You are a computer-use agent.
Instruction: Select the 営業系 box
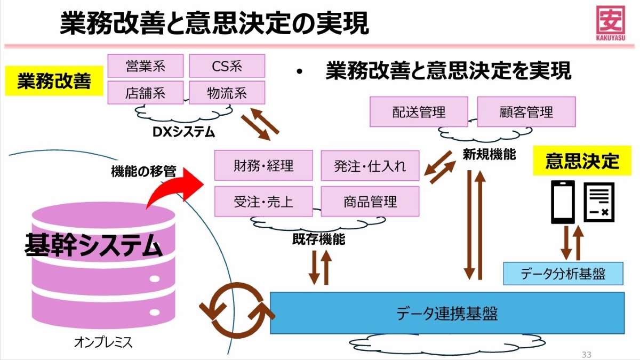(x=146, y=66)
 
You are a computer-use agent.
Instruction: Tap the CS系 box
(x=227, y=66)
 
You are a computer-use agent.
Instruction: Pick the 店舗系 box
(x=146, y=93)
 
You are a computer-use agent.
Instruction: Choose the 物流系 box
(x=227, y=93)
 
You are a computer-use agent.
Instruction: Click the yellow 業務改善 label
(x=54, y=82)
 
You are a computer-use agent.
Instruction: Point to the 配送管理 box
(x=419, y=112)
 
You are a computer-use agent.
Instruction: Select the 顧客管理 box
(x=526, y=112)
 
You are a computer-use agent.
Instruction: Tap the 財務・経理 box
(x=263, y=165)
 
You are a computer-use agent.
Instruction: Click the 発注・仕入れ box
(x=370, y=165)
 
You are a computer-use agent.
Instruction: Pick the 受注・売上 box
(x=263, y=202)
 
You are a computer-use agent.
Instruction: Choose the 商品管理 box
(x=370, y=202)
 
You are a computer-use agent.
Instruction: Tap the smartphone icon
(x=563, y=202)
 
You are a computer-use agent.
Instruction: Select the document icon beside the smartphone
(x=599, y=202)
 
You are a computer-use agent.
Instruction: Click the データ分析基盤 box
(x=563, y=274)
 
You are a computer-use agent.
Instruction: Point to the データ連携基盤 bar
(x=447, y=313)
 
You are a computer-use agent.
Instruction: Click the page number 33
(x=587, y=355)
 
